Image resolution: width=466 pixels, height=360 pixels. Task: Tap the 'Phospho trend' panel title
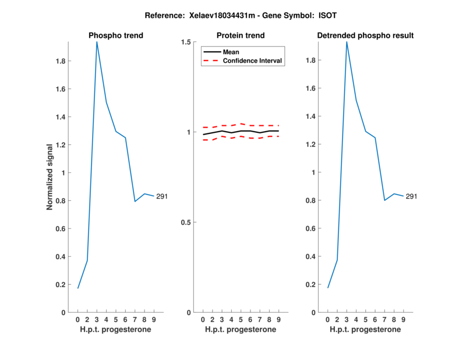click(x=116, y=36)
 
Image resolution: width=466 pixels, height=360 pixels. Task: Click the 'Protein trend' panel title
click(x=241, y=36)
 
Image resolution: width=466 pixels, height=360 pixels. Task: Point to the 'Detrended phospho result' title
click(x=365, y=36)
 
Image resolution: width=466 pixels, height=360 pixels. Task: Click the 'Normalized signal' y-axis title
click(x=51, y=177)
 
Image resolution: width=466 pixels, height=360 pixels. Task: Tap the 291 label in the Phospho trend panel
click(x=162, y=196)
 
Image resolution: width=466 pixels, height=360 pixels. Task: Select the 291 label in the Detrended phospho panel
click(x=411, y=196)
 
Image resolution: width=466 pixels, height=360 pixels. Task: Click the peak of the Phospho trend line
click(x=97, y=42)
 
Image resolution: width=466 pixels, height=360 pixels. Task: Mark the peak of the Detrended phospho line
click(x=347, y=42)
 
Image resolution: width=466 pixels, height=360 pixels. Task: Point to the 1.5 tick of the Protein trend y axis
click(x=187, y=42)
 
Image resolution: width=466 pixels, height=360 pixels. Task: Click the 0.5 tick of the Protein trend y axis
click(x=187, y=223)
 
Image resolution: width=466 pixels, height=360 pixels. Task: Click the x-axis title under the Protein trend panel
click(x=241, y=329)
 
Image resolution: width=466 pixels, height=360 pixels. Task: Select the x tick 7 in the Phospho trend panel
click(x=135, y=319)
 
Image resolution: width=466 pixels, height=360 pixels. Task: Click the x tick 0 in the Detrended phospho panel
click(x=328, y=319)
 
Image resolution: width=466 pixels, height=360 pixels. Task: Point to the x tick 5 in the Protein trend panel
click(x=241, y=319)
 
